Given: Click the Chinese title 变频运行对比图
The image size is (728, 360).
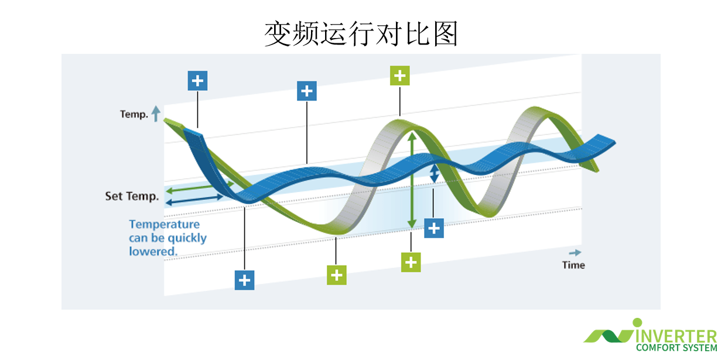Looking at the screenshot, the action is tap(361, 34).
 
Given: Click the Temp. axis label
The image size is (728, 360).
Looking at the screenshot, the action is tap(134, 114).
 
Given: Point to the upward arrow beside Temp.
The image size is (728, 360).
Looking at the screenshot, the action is tap(156, 114).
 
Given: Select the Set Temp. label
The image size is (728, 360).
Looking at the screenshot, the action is tap(132, 196).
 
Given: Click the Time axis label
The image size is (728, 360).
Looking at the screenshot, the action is tap(573, 265).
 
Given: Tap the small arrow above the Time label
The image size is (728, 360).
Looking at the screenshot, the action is tap(575, 252).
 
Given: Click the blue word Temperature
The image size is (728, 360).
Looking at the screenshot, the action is tap(165, 225).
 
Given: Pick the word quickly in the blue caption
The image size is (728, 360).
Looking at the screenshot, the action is tap(188, 238).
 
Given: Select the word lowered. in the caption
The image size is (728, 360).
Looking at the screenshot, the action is tap(153, 252).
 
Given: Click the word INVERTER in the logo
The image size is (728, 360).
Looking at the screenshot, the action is tap(676, 336).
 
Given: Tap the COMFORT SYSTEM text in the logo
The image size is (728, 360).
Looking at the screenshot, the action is tap(676, 348).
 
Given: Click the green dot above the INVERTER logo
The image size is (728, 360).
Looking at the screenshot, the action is tap(637, 323).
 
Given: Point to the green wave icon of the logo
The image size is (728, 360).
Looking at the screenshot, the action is tap(609, 336).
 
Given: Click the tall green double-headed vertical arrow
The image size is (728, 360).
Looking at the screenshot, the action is tap(412, 180).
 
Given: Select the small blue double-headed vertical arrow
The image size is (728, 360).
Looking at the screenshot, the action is tap(434, 173).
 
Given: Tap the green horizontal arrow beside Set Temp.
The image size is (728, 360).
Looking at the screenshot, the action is tap(200, 187).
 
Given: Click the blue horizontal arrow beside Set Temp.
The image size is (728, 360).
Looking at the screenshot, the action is tap(194, 200).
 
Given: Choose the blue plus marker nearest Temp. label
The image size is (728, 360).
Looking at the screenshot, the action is tap(197, 81).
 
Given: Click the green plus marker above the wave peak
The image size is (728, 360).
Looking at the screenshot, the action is tap(400, 76).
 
